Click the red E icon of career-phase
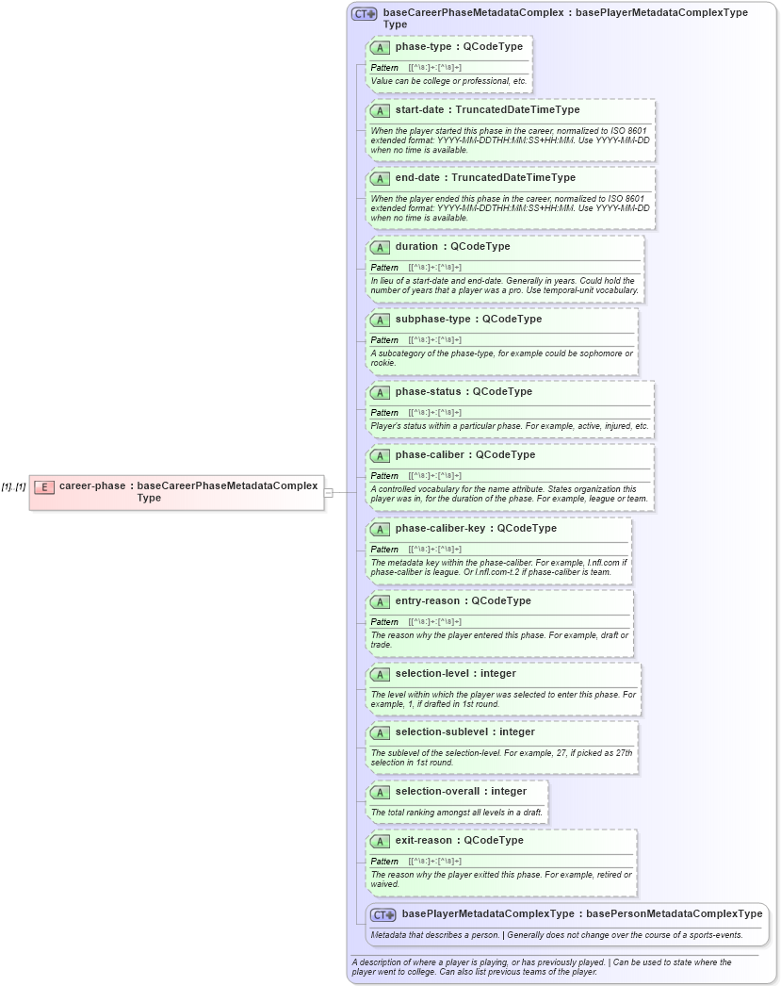point(44,487)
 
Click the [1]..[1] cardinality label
point(13,487)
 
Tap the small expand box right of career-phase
point(328,492)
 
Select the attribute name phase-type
point(424,46)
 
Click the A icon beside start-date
point(380,110)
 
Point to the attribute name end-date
point(417,178)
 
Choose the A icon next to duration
point(380,247)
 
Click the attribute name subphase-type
point(433,320)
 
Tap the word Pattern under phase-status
point(384,413)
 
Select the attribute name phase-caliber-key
point(441,528)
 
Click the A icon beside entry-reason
point(380,601)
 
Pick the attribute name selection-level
point(432,673)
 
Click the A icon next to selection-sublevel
point(380,732)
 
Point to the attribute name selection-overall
point(437,791)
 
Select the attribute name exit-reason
point(424,840)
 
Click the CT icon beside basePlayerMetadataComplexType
point(382,915)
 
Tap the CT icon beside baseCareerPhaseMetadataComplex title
point(365,14)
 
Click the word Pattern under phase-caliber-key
point(384,549)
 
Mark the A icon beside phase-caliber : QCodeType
point(380,456)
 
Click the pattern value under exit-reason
point(435,862)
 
